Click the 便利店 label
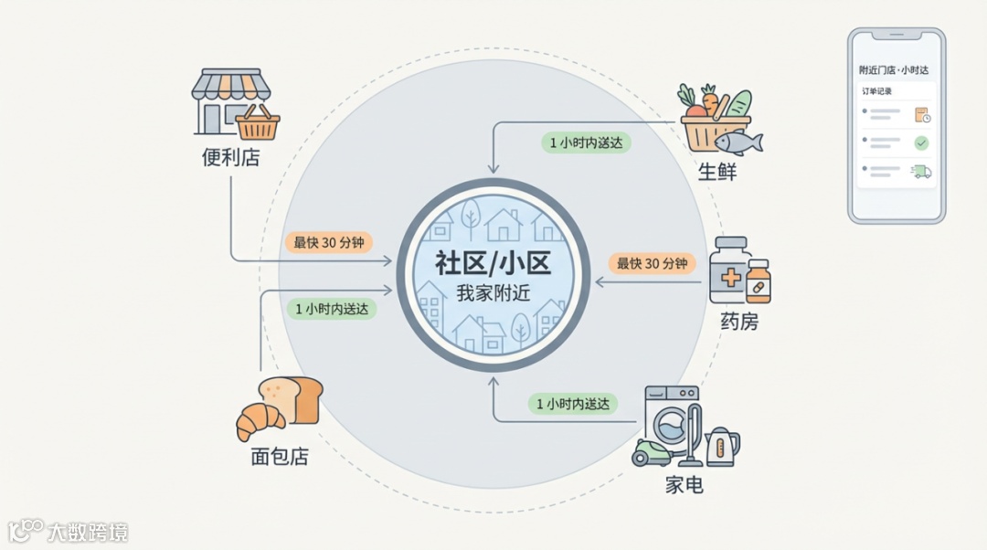(x=230, y=157)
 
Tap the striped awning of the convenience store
(x=231, y=85)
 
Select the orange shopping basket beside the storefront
(x=258, y=123)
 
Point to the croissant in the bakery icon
(x=260, y=421)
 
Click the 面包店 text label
(x=279, y=456)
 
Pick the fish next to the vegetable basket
(x=738, y=143)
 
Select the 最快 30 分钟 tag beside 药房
(x=651, y=263)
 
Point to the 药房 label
(x=738, y=322)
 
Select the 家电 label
(x=684, y=484)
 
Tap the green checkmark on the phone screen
(x=921, y=143)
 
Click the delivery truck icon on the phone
(x=921, y=171)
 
